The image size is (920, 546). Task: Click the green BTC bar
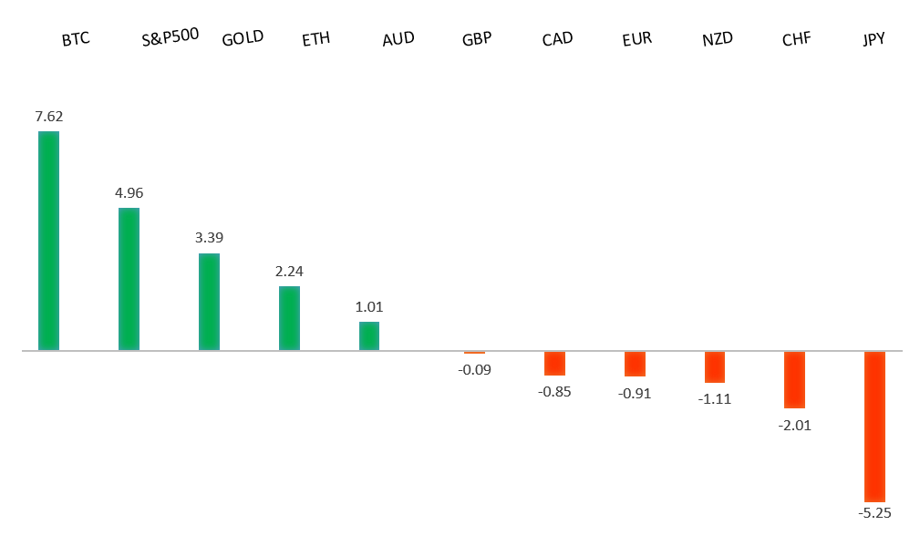[x=48, y=241]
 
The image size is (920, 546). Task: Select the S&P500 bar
[x=129, y=279]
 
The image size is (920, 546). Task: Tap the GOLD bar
[x=209, y=302]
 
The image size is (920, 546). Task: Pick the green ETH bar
[x=289, y=318]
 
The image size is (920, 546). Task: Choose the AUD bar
[x=368, y=335]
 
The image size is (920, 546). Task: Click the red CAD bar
[x=554, y=363]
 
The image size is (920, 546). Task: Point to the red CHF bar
[x=794, y=379]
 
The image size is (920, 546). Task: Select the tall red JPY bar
[x=874, y=426]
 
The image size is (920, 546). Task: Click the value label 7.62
[x=48, y=117]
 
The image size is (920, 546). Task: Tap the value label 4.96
[x=129, y=193]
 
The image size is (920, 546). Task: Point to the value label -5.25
[x=874, y=513]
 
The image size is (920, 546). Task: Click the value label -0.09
[x=474, y=369]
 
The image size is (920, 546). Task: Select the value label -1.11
[x=715, y=398]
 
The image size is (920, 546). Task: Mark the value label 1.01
[x=368, y=307]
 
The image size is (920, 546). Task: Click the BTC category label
[x=76, y=40]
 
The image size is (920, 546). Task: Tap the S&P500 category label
[x=171, y=39]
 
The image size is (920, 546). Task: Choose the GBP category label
[x=477, y=39]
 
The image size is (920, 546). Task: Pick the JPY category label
[x=874, y=39]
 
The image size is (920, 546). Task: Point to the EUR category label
[x=636, y=39]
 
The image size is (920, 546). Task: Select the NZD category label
[x=717, y=39]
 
